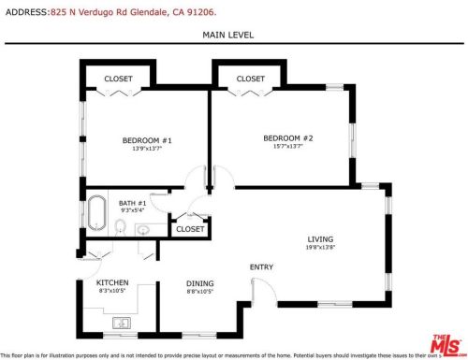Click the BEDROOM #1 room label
[147, 140]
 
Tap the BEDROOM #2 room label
[293, 138]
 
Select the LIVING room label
[320, 239]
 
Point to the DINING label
[199, 283]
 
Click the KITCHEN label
[112, 282]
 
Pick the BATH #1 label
[132, 203]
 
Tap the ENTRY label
[261, 267]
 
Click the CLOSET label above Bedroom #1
[118, 79]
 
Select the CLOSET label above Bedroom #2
[250, 79]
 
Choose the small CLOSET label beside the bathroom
[190, 228]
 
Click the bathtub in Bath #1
[95, 213]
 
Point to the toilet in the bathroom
[120, 226]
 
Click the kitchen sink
[120, 324]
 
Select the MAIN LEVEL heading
[227, 35]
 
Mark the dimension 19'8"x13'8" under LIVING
[320, 248]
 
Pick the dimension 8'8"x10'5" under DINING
[199, 292]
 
